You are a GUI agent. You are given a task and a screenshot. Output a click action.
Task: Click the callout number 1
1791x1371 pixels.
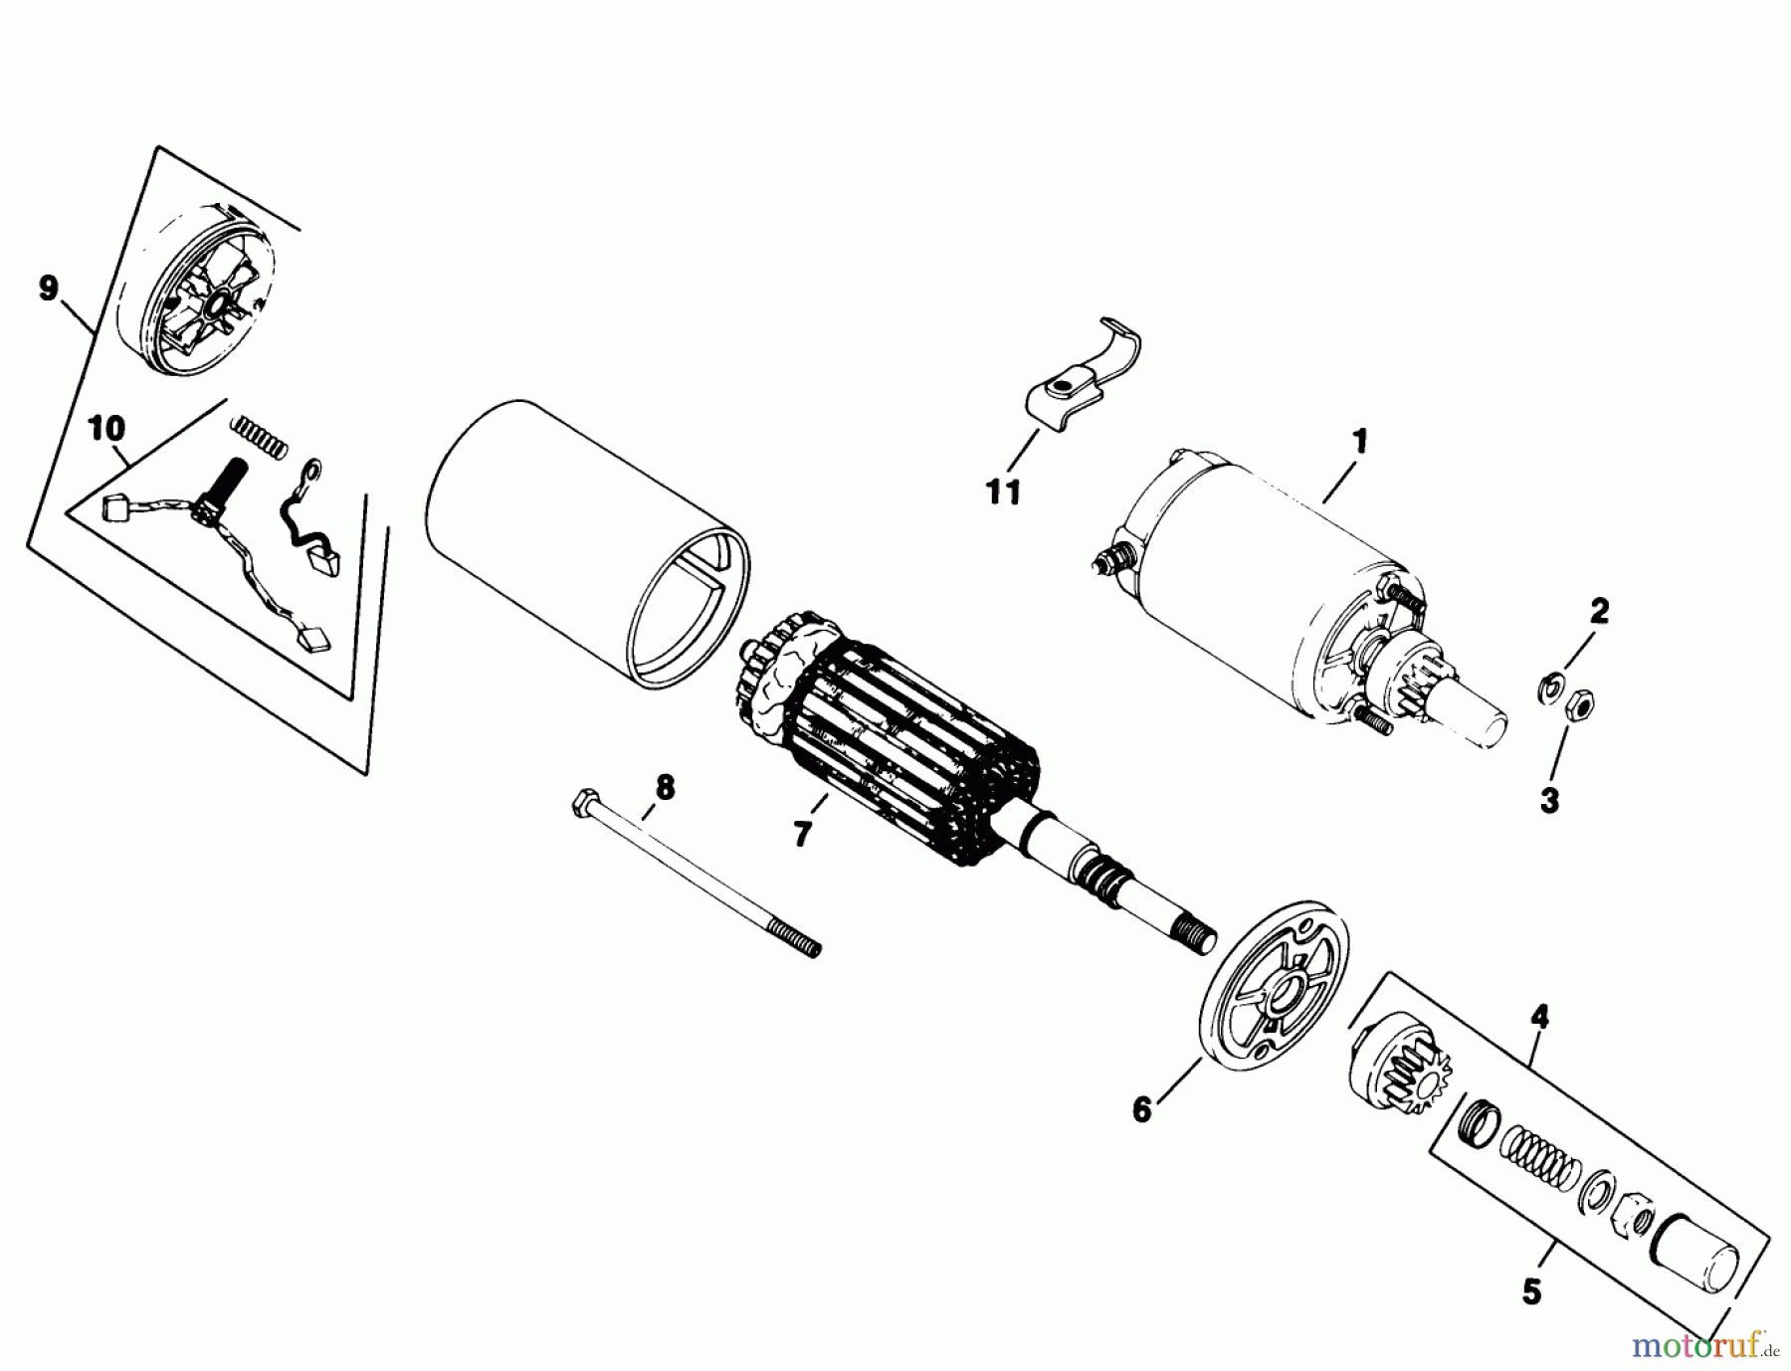click(x=1359, y=441)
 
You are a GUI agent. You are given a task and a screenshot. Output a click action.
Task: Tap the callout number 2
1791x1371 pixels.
click(x=1598, y=611)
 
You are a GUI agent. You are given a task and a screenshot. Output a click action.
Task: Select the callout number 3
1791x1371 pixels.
click(x=1549, y=801)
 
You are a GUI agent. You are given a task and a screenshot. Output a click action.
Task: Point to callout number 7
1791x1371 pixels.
click(x=802, y=833)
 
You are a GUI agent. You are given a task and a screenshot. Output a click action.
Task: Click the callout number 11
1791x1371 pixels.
click(x=1003, y=491)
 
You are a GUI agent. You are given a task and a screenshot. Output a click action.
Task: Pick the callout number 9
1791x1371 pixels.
click(x=48, y=290)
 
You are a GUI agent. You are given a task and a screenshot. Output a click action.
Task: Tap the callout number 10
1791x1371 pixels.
click(x=107, y=430)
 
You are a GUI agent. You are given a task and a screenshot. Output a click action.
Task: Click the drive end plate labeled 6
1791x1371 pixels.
click(x=1278, y=994)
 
